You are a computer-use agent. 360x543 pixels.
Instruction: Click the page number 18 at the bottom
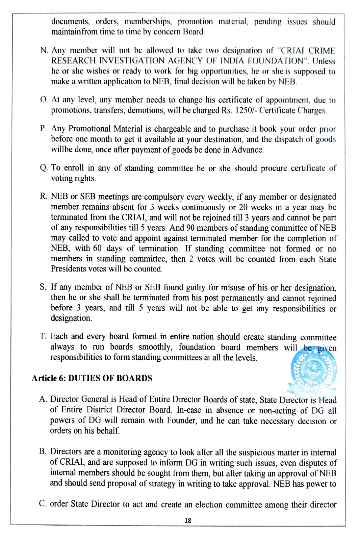coord(188,520)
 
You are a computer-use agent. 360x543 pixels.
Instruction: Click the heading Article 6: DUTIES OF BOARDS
coord(92,378)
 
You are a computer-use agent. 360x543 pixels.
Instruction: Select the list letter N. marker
coord(44,51)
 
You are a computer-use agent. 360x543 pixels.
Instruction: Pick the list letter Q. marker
coord(44,168)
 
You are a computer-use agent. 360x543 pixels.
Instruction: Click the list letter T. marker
coord(43,336)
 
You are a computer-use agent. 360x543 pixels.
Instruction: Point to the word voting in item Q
coord(61,178)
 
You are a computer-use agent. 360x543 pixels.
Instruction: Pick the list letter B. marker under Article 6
coord(43,451)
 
